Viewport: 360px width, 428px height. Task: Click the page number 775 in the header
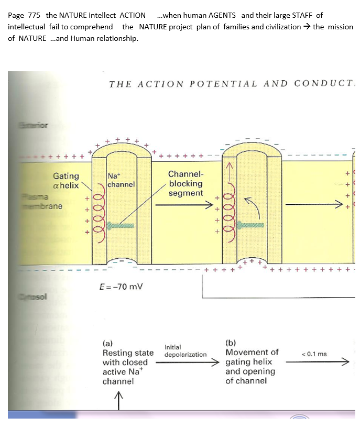32,15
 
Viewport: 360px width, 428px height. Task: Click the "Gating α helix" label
66,181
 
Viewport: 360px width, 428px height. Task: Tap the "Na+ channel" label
121,180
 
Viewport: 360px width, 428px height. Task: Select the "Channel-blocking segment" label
186,183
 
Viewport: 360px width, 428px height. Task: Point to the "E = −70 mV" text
121,287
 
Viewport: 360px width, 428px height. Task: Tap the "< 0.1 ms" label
314,354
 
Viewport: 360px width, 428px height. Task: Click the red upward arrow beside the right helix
229,168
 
